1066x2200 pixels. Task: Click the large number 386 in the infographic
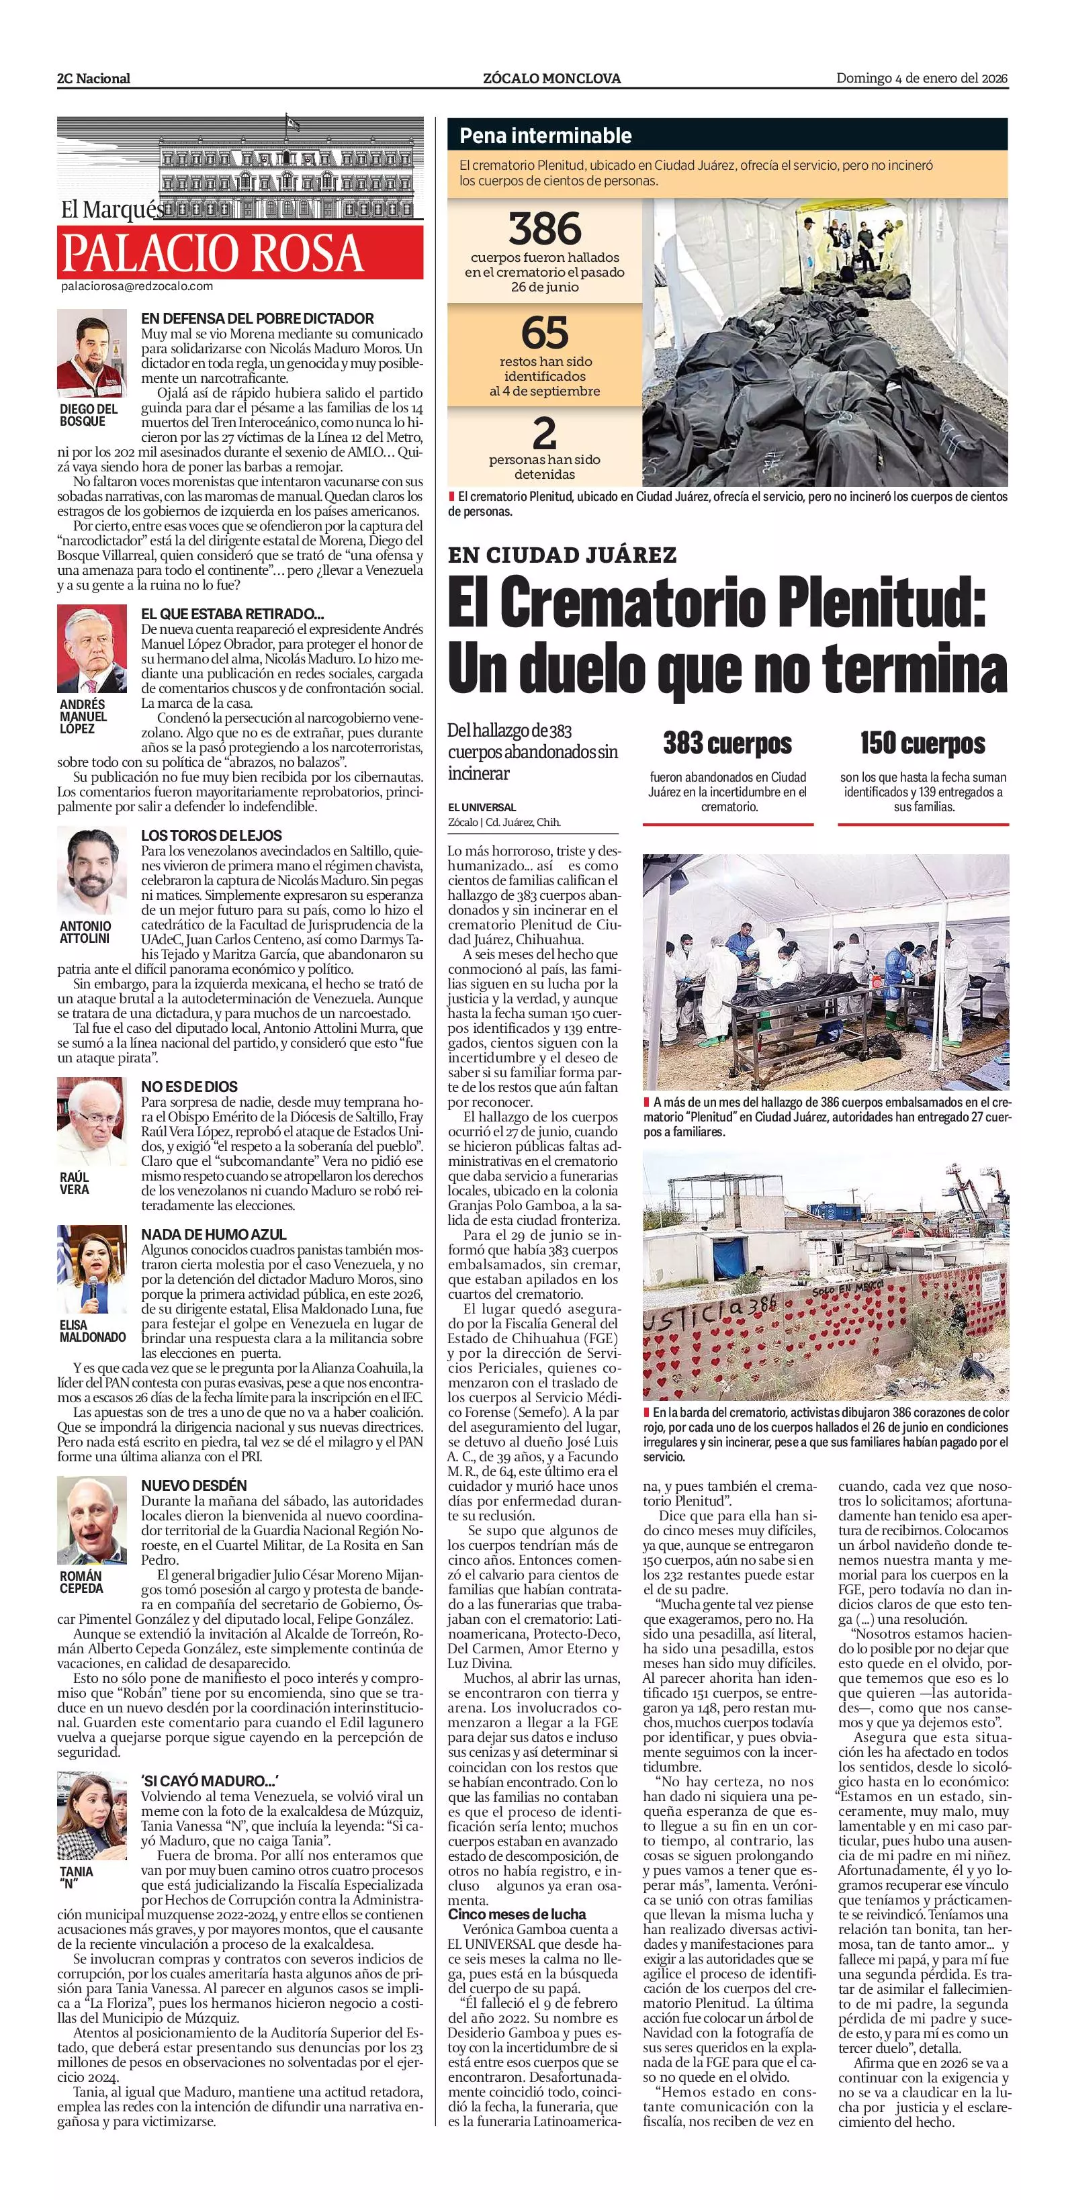[x=544, y=229]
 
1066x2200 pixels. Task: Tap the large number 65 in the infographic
[x=544, y=333]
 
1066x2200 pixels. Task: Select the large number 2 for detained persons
[x=544, y=434]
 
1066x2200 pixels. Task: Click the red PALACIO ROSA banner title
[x=213, y=252]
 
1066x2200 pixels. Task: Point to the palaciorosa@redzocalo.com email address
[x=136, y=287]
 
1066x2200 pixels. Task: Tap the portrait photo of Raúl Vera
[x=86, y=1115]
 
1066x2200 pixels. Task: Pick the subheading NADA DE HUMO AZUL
[x=214, y=1235]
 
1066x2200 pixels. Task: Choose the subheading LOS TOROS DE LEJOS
[x=211, y=835]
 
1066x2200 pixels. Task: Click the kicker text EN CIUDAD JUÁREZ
[x=562, y=555]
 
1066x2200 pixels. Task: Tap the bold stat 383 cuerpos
[x=727, y=744]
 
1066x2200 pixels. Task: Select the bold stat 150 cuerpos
[x=922, y=744]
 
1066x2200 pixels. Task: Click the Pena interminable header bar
[x=727, y=135]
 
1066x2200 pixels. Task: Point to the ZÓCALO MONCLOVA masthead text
[x=551, y=79]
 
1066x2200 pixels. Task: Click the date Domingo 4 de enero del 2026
[x=922, y=78]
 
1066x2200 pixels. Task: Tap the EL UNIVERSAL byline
[x=482, y=807]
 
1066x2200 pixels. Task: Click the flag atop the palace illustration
[x=293, y=123]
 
